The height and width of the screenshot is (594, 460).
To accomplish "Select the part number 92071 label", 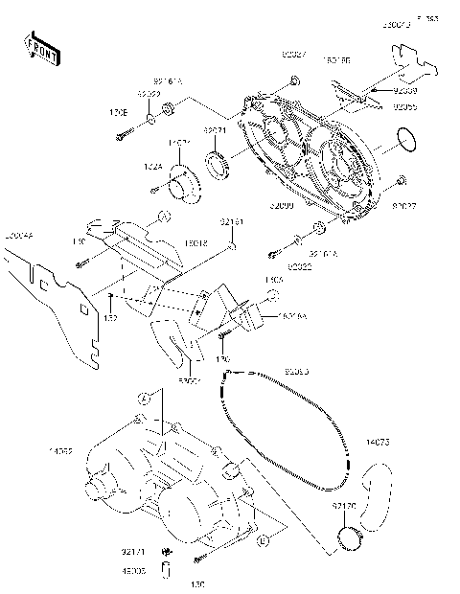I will tap(214, 130).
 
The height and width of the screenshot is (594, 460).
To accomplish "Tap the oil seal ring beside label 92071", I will tap(221, 164).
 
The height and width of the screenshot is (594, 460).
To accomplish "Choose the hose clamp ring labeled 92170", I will tap(347, 537).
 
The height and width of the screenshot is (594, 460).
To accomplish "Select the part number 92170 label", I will tap(345, 503).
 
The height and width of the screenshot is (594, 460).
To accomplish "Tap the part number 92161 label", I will tap(232, 222).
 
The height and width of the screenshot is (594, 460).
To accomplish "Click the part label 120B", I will tap(117, 112).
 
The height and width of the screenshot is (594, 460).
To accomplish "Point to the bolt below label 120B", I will tap(121, 137).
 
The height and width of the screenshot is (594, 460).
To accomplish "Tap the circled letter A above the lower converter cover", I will tap(144, 397).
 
